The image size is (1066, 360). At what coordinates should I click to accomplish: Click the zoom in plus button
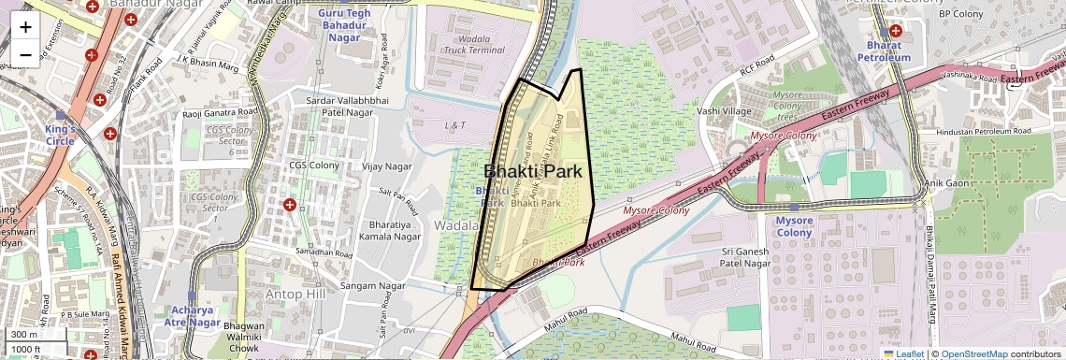point(25,26)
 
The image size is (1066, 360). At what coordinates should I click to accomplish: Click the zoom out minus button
point(25,54)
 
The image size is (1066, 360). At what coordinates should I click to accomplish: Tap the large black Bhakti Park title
point(532,171)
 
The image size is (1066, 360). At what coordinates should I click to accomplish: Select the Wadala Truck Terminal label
point(474,45)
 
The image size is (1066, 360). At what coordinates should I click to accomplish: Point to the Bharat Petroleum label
point(883,50)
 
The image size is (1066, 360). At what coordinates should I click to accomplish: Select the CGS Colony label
point(313,166)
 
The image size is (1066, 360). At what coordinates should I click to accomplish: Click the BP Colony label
point(957,14)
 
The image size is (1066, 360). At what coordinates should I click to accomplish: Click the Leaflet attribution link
point(903,353)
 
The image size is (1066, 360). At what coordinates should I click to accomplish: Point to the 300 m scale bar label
point(23,335)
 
